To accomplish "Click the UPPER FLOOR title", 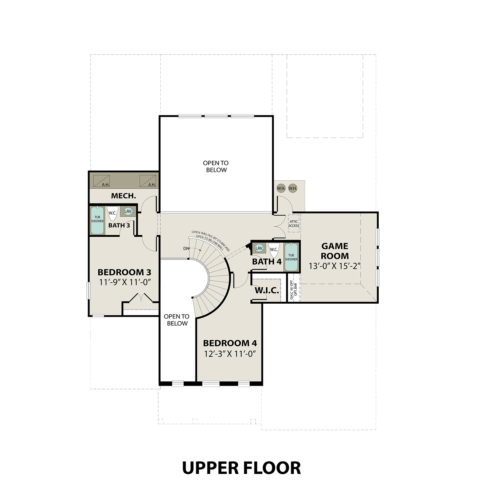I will click(x=241, y=468).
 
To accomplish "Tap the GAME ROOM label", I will click(x=335, y=251).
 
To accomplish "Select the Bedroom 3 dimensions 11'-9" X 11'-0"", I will click(x=125, y=282).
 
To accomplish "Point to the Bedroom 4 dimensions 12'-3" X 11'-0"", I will click(x=230, y=354).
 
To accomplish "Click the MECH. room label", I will click(x=123, y=196).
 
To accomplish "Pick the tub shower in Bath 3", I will click(x=97, y=221).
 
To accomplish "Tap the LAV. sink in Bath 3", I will click(x=128, y=212).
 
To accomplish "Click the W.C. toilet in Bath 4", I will click(x=274, y=250).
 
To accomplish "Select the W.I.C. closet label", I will click(x=267, y=291).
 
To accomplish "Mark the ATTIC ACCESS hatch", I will click(x=294, y=223).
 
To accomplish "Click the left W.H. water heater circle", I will click(x=281, y=188).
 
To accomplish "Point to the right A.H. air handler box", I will click(x=148, y=181).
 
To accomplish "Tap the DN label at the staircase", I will click(x=186, y=249).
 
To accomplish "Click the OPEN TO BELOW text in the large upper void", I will click(x=216, y=166).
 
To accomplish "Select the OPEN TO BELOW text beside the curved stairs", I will click(x=177, y=320).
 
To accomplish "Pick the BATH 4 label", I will click(x=267, y=262).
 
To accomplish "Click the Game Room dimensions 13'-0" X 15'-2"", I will click(x=334, y=266).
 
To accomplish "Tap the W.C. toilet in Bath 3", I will click(x=112, y=213).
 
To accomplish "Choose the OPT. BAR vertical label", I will click(x=296, y=289).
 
